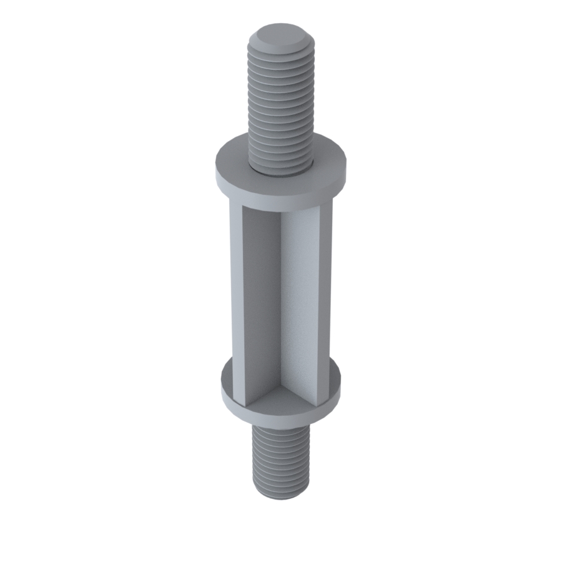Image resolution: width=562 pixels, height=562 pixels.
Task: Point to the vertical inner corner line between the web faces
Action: tap(281, 300)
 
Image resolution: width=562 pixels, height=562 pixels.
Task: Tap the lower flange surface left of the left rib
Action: tap(226, 381)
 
